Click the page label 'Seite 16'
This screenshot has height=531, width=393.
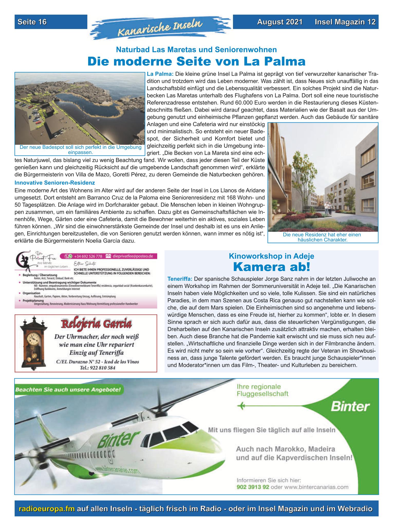[32, 22]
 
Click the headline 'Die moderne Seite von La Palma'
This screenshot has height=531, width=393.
[196, 62]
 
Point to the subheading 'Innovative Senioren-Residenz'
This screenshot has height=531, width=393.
[55, 183]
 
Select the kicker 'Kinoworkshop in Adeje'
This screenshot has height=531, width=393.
[272, 256]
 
